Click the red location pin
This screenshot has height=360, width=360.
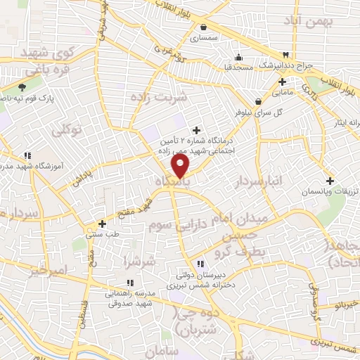(x=181, y=166)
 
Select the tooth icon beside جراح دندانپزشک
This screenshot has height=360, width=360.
(x=285, y=55)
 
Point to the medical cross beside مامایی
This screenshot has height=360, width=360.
(x=282, y=82)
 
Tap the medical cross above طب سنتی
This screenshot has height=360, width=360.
(x=102, y=224)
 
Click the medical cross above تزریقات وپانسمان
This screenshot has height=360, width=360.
(x=330, y=181)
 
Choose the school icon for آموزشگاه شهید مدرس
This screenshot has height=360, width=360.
(x=27, y=155)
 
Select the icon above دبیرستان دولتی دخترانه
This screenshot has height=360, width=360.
(x=201, y=264)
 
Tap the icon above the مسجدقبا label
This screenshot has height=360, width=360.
(x=238, y=58)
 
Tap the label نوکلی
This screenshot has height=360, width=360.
(x=68, y=129)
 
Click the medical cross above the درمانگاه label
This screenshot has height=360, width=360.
(x=196, y=130)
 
